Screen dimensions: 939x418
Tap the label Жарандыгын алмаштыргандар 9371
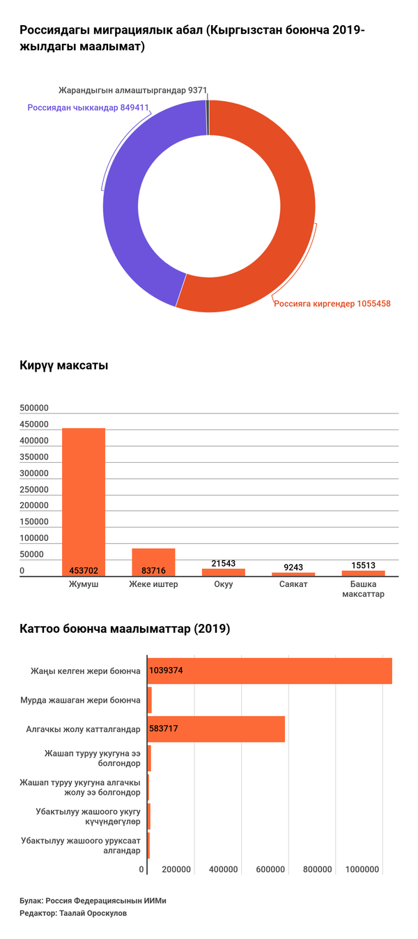click(x=132, y=91)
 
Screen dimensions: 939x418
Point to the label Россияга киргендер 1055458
click(x=332, y=303)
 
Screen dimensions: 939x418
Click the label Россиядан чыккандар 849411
click(x=88, y=108)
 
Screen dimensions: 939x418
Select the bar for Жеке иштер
click(x=153, y=561)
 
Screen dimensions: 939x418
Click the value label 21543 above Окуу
click(x=224, y=563)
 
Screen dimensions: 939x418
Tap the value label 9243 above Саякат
click(x=293, y=567)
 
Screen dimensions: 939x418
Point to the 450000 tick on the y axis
click(x=34, y=425)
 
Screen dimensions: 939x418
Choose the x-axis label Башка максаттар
click(x=363, y=589)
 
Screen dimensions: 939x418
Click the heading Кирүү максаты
click(x=63, y=365)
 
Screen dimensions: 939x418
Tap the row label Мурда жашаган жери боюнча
click(x=81, y=699)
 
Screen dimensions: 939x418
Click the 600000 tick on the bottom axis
click(x=270, y=869)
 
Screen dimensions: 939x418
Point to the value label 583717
click(x=164, y=728)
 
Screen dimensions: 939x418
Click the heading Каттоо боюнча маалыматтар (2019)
click(x=125, y=629)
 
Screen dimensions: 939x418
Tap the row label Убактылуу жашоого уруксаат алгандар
click(x=81, y=845)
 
